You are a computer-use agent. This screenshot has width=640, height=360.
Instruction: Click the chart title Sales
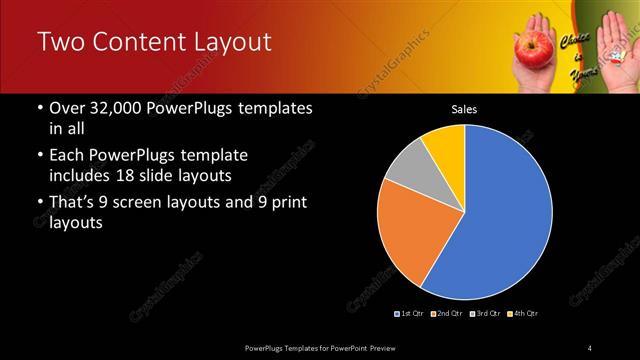(x=464, y=108)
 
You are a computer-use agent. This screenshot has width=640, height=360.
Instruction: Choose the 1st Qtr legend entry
(x=412, y=314)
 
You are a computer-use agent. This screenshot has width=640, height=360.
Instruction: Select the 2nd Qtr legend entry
(x=448, y=314)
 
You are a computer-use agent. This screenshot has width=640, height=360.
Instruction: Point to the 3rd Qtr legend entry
(x=485, y=314)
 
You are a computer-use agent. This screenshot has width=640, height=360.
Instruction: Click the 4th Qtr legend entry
(x=523, y=314)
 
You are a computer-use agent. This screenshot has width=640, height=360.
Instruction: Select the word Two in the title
(x=57, y=42)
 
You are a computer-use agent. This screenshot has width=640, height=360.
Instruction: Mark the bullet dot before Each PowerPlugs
(x=39, y=157)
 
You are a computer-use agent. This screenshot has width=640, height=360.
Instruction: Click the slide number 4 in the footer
(x=590, y=347)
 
